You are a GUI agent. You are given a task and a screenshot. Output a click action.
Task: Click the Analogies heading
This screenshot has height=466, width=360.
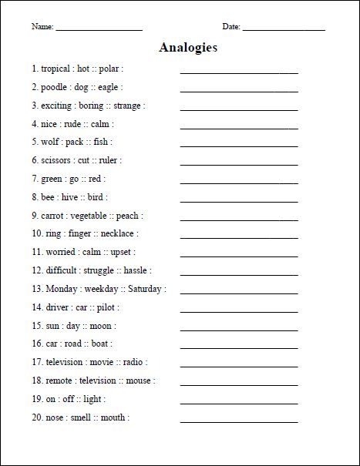[x=188, y=48]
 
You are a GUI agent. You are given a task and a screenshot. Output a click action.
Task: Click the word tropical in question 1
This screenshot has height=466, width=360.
[x=55, y=69]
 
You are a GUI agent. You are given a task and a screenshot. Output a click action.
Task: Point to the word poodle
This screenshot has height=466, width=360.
[x=54, y=87]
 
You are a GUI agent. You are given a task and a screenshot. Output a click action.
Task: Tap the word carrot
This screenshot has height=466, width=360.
[x=54, y=216]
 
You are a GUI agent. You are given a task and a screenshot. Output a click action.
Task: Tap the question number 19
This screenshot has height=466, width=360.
[x=35, y=399]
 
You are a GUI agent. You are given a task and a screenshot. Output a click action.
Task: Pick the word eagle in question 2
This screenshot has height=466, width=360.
[x=109, y=87]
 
